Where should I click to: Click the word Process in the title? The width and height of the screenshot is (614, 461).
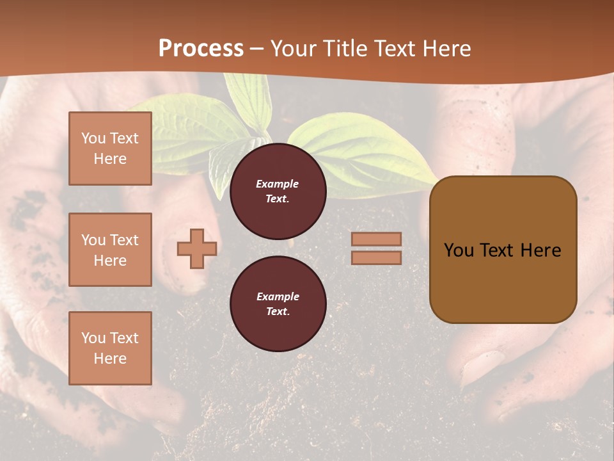(x=201, y=49)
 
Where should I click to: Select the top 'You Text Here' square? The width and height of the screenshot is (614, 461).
(x=110, y=149)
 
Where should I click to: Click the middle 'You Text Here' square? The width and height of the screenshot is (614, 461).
(x=110, y=250)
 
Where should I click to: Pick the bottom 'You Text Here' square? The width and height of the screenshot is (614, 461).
(x=110, y=348)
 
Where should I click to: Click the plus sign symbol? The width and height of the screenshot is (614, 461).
(x=197, y=249)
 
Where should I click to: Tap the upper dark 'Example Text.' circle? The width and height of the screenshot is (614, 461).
(x=278, y=191)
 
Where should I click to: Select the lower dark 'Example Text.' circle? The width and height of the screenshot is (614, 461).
(x=278, y=304)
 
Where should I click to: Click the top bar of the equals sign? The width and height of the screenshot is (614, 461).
(x=376, y=239)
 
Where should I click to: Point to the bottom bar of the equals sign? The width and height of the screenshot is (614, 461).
(x=376, y=257)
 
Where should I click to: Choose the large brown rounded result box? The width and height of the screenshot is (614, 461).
(x=503, y=249)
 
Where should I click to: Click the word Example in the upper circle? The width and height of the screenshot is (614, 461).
(x=277, y=184)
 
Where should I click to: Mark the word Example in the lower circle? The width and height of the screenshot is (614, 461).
(x=277, y=296)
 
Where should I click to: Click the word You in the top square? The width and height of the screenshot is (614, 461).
(x=93, y=138)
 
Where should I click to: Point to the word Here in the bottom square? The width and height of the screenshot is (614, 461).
(x=110, y=359)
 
